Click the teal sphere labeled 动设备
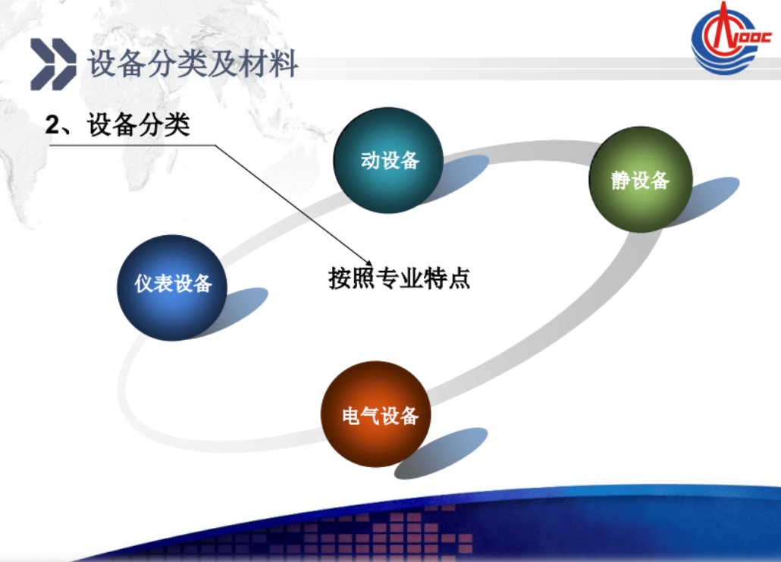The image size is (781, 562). tap(388, 160)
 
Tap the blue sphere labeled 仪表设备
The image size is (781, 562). tap(172, 287)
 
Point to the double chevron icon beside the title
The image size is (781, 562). tap(53, 64)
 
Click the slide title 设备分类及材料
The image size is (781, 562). tap(193, 64)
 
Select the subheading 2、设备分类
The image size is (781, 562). tap(118, 124)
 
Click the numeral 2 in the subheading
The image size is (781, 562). tap(52, 125)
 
